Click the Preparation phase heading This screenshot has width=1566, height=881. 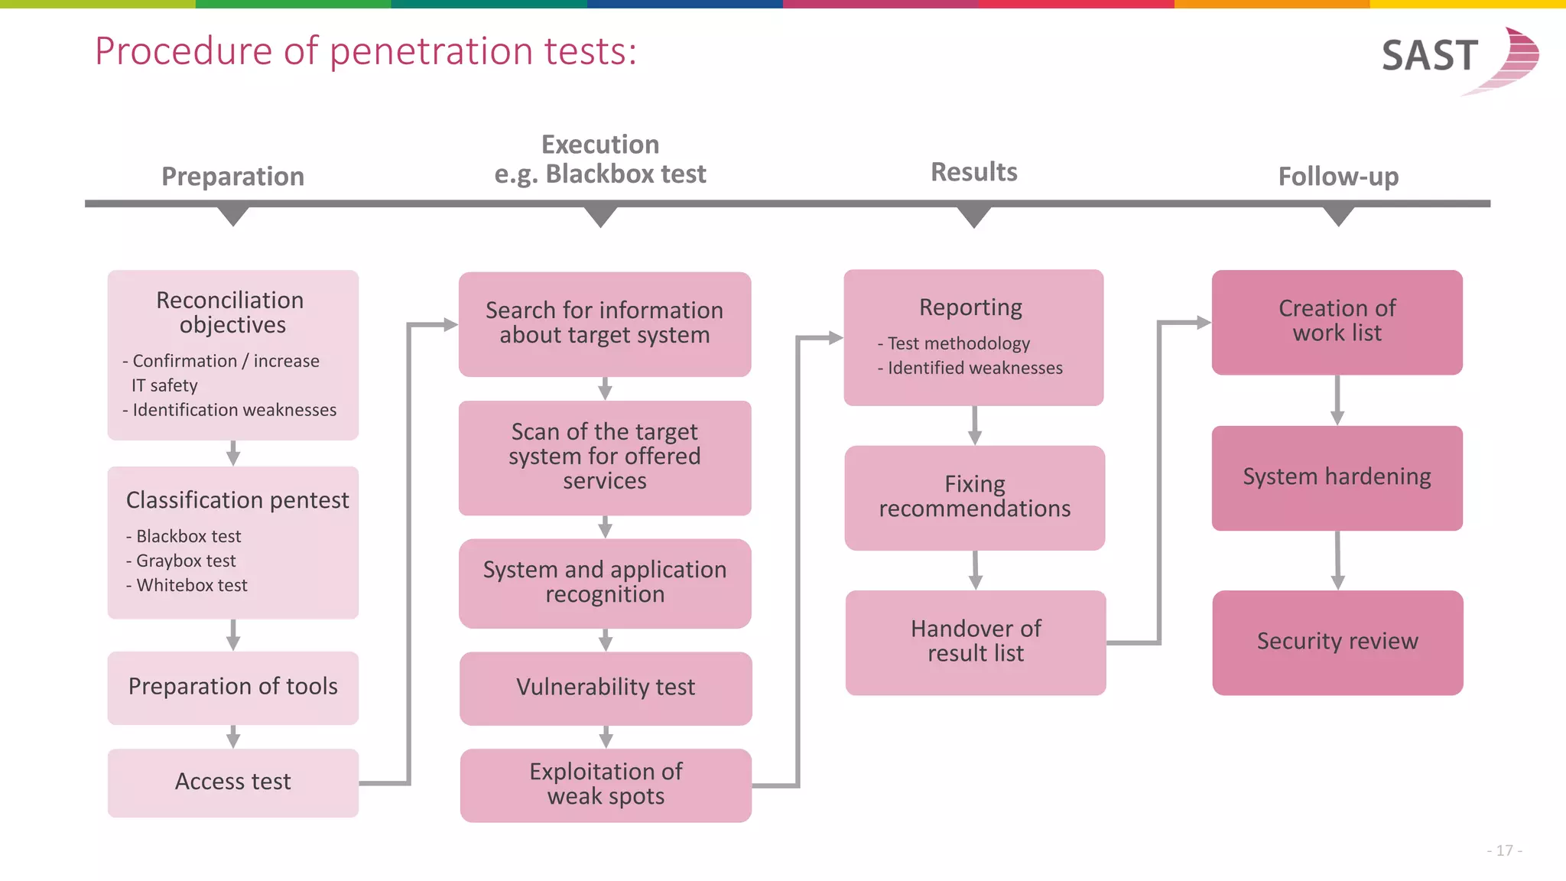(x=232, y=177)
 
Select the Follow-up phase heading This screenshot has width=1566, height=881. (x=1338, y=177)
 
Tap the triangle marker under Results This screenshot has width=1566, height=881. (x=974, y=216)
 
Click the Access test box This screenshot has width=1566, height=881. (x=232, y=782)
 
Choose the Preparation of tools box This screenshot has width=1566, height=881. (x=232, y=687)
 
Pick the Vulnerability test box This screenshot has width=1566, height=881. (x=606, y=688)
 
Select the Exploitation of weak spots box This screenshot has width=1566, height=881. (x=606, y=785)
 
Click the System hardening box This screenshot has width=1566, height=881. (x=1337, y=478)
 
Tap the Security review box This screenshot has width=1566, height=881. (x=1337, y=642)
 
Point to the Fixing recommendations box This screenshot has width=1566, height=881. (x=974, y=497)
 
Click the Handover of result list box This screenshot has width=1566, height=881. (x=976, y=642)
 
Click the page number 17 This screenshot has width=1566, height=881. (x=1504, y=850)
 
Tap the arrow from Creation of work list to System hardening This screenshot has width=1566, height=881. (x=1337, y=400)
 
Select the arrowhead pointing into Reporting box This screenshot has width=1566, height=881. (x=835, y=337)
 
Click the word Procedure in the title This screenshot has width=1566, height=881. (x=184, y=52)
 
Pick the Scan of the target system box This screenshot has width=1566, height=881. (x=604, y=457)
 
